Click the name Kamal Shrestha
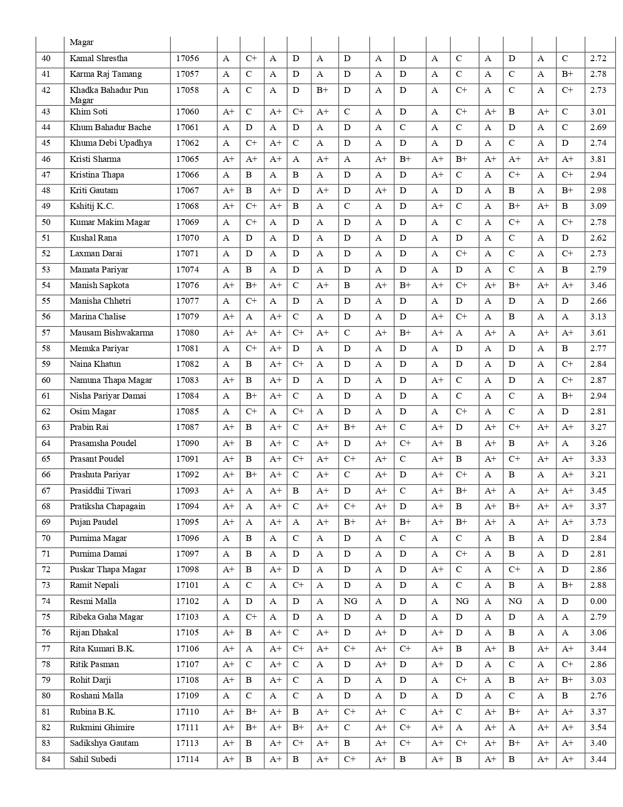coord(99,59)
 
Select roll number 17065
coord(188,159)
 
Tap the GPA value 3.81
coord(598,159)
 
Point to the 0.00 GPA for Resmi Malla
coord(598,601)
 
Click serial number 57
coord(46,333)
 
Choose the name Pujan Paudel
coord(94,522)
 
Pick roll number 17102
coord(188,601)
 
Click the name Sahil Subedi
coord(93,759)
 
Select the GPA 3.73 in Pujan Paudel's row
coord(598,522)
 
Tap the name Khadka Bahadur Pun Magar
coord(109,95)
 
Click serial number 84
coord(46,759)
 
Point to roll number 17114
coord(188,759)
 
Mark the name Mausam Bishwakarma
coord(111,333)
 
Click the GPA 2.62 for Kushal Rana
coord(598,238)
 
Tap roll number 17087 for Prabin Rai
coord(188,427)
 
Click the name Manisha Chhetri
coord(100,301)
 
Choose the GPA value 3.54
coord(598,727)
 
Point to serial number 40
coord(46,59)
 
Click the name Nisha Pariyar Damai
coord(108,396)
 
